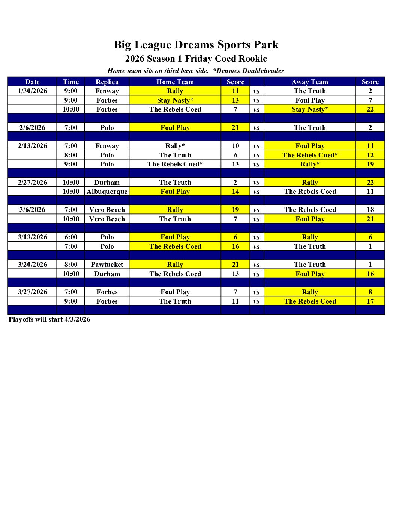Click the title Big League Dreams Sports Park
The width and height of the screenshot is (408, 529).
tap(196, 45)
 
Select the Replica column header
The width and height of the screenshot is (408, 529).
tap(107, 82)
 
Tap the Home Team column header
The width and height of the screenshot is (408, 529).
tap(175, 82)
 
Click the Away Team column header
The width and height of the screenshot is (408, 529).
tap(310, 82)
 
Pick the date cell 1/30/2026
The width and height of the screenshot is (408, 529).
tap(33, 91)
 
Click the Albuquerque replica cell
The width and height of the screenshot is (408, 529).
tap(107, 192)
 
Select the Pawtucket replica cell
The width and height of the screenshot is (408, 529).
tap(107, 264)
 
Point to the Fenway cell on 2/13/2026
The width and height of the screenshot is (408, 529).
tap(107, 146)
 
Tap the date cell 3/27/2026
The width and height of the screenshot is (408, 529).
tap(33, 292)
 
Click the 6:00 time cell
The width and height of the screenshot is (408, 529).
tap(71, 237)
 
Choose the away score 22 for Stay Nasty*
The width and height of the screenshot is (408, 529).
tap(370, 109)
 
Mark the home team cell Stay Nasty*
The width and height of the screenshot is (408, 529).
tap(175, 100)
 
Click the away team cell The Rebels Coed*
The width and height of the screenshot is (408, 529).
tap(310, 155)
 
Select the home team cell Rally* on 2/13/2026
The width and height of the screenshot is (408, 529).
tap(175, 146)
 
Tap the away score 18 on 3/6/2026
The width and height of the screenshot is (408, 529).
tap(370, 210)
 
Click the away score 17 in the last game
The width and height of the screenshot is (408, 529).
tap(370, 301)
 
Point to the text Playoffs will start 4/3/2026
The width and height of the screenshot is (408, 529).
tap(49, 319)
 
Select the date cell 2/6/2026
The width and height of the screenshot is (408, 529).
tap(33, 128)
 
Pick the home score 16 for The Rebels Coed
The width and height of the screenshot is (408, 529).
tap(235, 246)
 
